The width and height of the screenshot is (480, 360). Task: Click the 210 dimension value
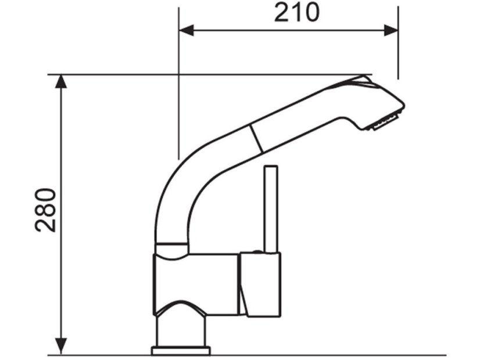coord(296,12)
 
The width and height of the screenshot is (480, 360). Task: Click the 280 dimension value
coord(46,210)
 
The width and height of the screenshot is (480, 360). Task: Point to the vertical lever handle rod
coord(271,209)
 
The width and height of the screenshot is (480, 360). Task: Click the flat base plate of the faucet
coord(181,350)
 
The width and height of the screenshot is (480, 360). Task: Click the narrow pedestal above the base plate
coord(181,331)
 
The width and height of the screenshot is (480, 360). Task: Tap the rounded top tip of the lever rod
coord(271,168)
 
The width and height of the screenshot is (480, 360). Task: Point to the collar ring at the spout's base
coord(172,249)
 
